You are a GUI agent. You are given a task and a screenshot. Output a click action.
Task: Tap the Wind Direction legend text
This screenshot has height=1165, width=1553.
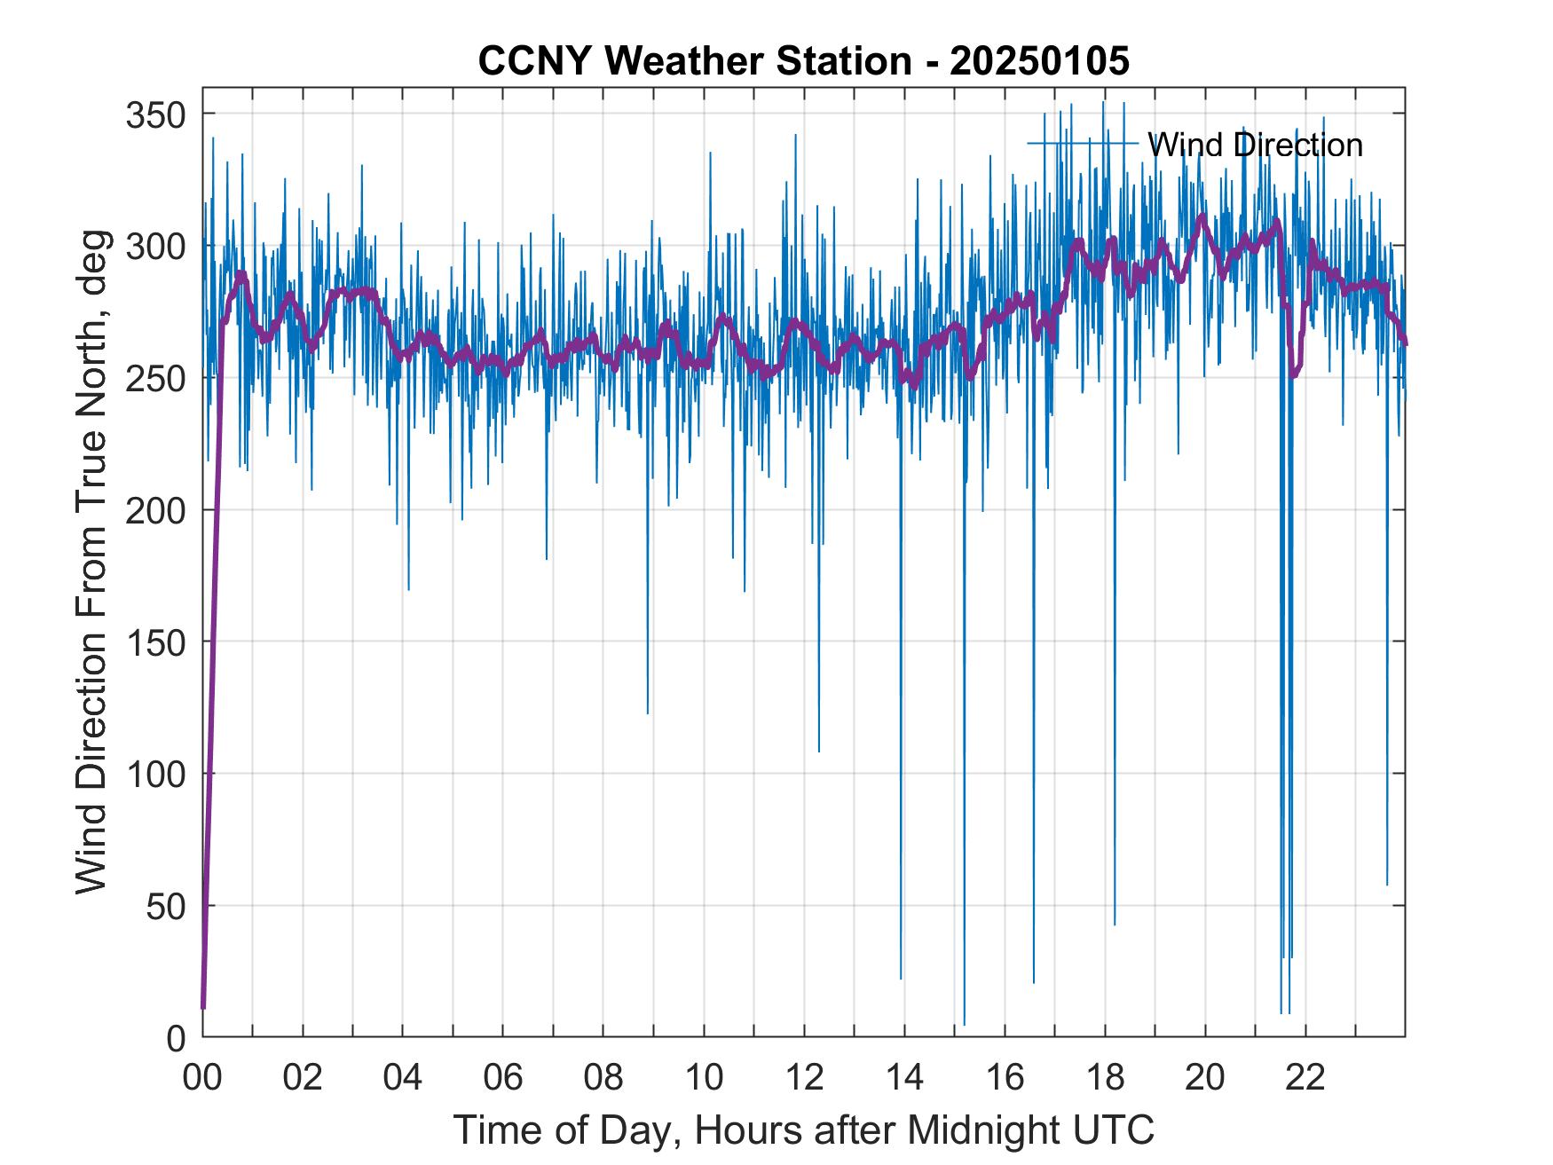(x=1254, y=145)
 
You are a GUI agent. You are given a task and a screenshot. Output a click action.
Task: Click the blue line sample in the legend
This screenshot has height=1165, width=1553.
(x=1082, y=144)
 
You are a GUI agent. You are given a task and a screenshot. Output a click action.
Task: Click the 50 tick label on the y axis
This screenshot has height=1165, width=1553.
(x=169, y=907)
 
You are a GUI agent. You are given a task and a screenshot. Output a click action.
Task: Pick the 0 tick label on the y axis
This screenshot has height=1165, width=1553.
(x=177, y=1038)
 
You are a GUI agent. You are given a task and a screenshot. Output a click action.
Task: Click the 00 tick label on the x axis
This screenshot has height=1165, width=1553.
(x=202, y=1078)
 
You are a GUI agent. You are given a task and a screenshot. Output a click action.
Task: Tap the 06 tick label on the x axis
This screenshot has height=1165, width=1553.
(x=503, y=1078)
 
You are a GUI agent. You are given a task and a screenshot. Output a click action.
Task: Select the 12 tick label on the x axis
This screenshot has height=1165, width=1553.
(x=804, y=1078)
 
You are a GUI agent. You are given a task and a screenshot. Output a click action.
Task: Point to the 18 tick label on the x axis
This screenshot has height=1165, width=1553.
(x=1105, y=1078)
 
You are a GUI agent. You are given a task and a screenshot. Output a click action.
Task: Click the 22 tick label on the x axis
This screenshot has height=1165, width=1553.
(x=1305, y=1078)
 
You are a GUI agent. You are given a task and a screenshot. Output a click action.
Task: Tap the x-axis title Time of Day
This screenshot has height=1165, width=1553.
(x=803, y=1130)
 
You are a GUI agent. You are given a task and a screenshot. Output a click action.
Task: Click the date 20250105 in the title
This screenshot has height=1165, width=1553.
(x=1039, y=61)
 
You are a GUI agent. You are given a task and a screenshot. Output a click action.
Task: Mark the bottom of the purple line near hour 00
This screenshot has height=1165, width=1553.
(x=203, y=1006)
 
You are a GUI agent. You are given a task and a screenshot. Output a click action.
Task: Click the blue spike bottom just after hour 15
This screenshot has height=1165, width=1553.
(x=964, y=1024)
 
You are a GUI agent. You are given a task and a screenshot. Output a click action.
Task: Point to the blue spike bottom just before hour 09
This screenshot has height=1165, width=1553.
(x=648, y=712)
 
